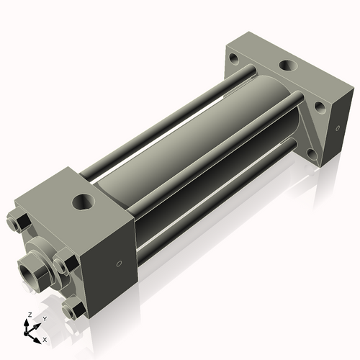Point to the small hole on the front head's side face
click(x=120, y=264)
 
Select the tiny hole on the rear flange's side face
click(x=335, y=128)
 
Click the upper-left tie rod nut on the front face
click(x=20, y=220)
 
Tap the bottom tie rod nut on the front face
click(x=72, y=310)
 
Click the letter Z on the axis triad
click(x=27, y=315)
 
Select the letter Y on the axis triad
click(x=44, y=318)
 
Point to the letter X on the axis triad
click(x=45, y=338)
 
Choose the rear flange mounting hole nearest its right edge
click(x=318, y=109)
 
